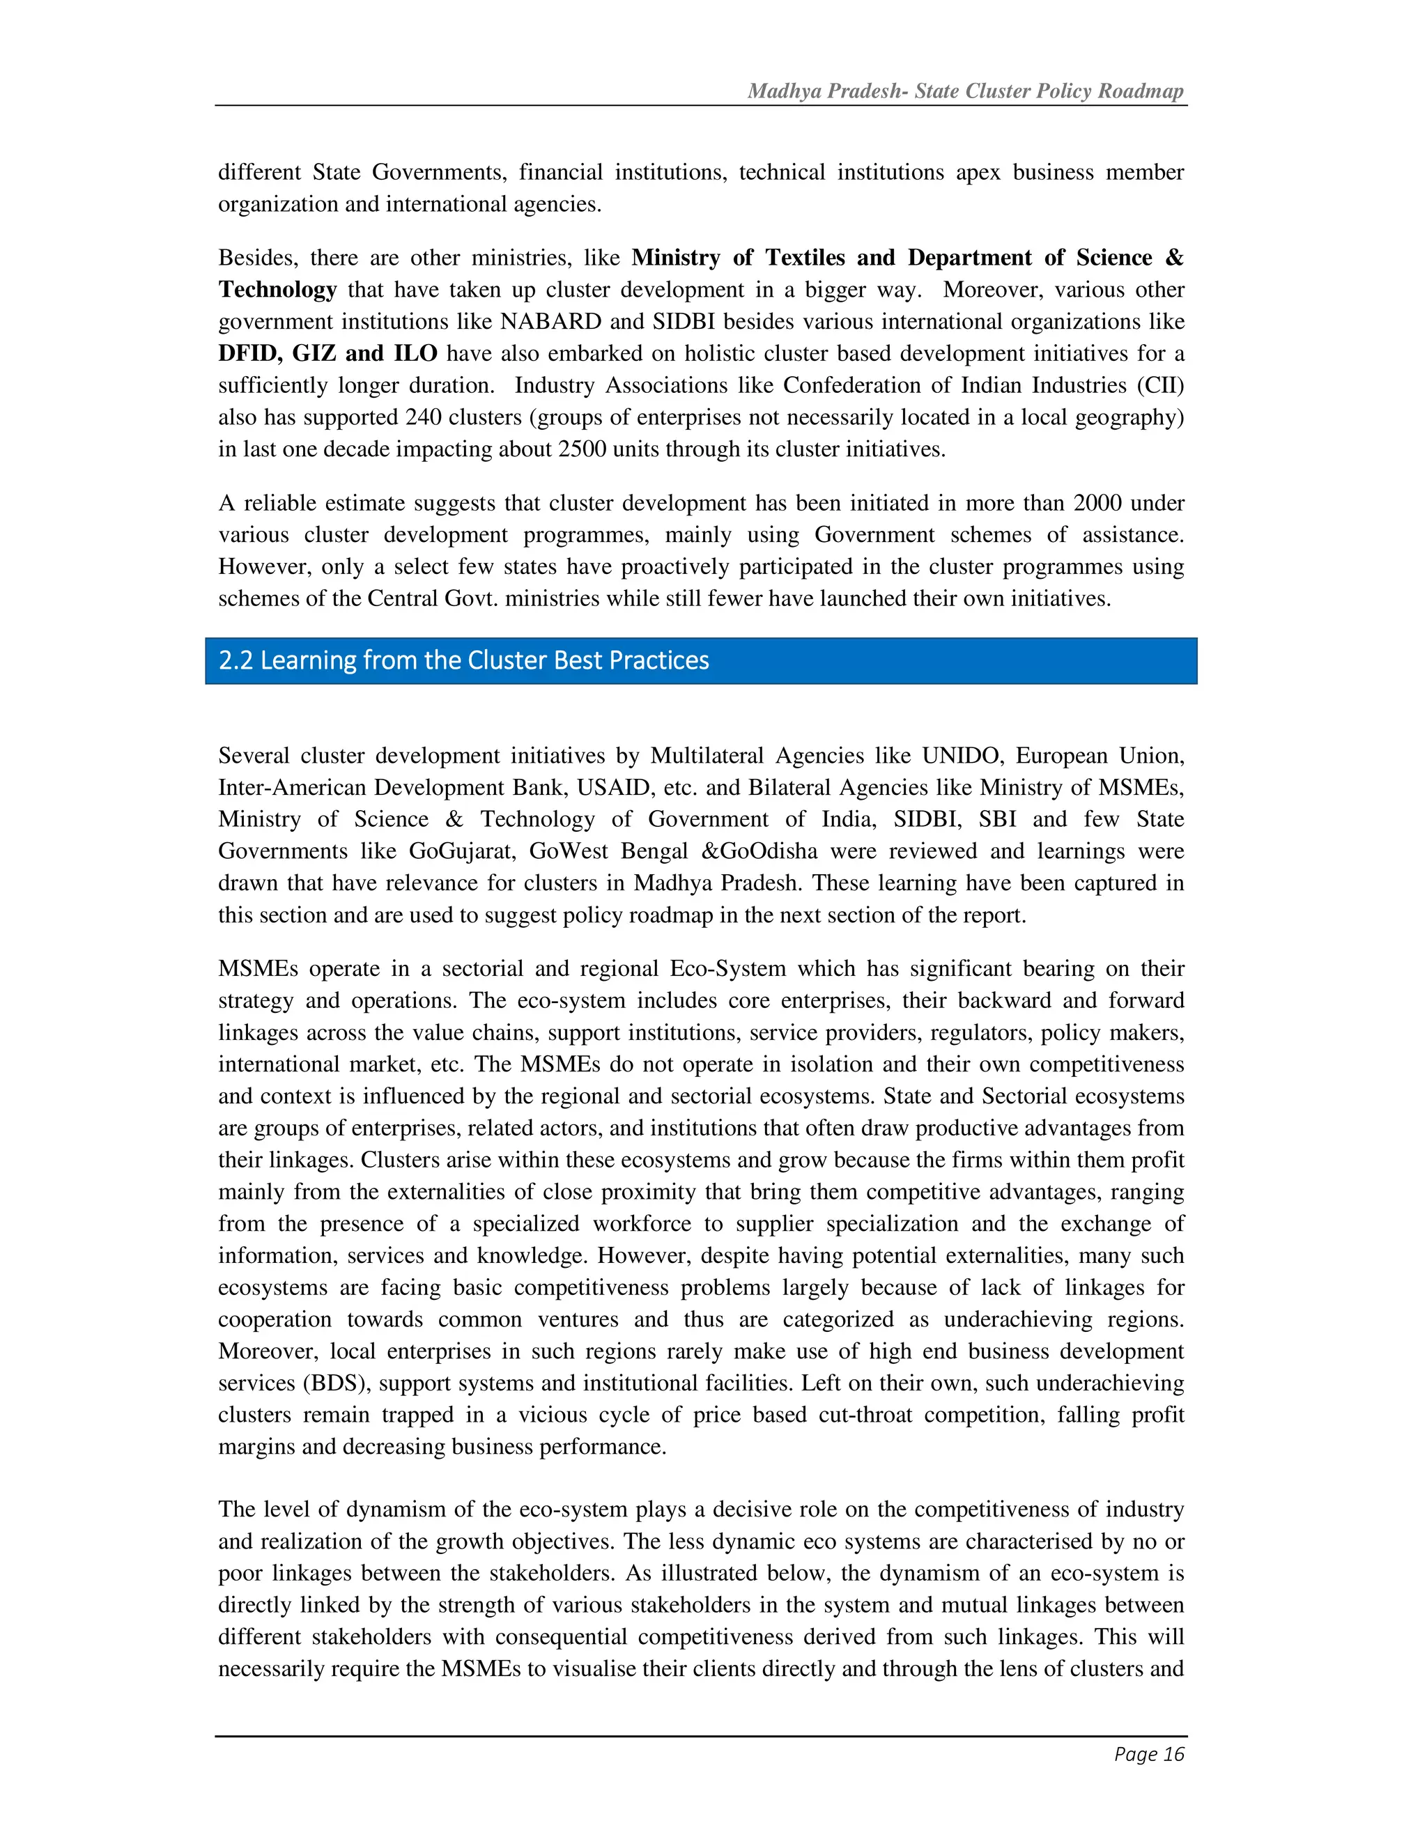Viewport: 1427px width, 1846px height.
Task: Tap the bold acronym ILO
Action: [415, 353]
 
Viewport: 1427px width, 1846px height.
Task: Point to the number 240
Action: [424, 417]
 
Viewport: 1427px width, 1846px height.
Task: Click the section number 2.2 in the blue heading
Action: [236, 660]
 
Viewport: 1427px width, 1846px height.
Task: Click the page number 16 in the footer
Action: [1173, 1755]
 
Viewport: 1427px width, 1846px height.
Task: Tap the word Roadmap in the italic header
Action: [1141, 91]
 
